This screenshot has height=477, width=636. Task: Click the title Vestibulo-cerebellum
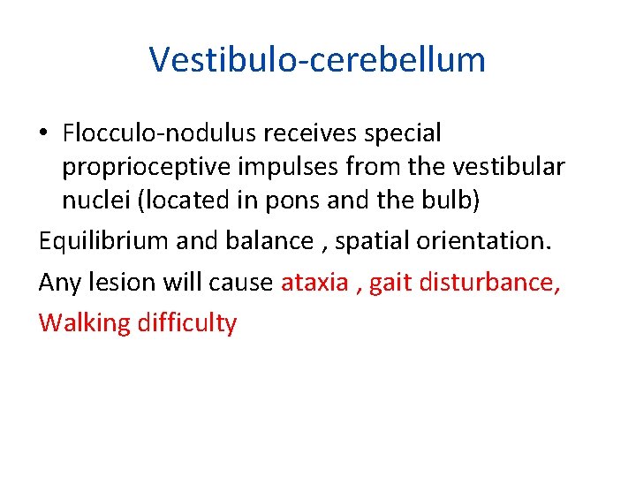(317, 60)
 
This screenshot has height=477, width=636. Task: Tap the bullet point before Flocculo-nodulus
(45, 134)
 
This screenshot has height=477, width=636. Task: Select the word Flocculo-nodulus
(158, 133)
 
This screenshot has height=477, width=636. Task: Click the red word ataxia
(314, 282)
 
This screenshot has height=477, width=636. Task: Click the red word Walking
(84, 323)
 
